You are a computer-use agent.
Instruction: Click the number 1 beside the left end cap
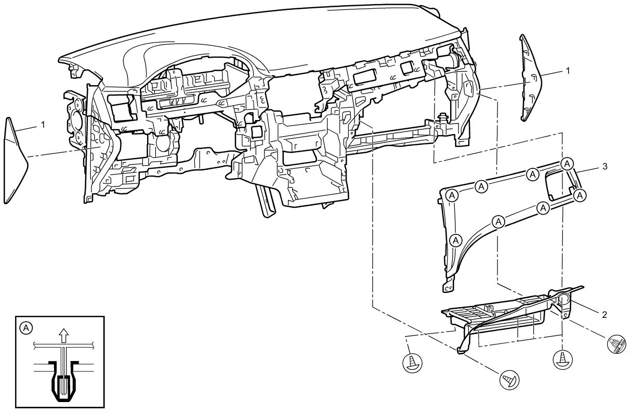point(43,125)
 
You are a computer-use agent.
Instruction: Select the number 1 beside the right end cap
point(568,70)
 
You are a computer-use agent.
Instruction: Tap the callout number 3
point(604,166)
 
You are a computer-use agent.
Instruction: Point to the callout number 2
point(604,314)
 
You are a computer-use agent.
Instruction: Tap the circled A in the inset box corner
point(26,327)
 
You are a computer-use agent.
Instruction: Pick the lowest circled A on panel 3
point(456,241)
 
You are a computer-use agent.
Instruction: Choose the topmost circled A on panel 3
point(568,163)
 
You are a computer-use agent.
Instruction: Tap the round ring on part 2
point(564,298)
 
